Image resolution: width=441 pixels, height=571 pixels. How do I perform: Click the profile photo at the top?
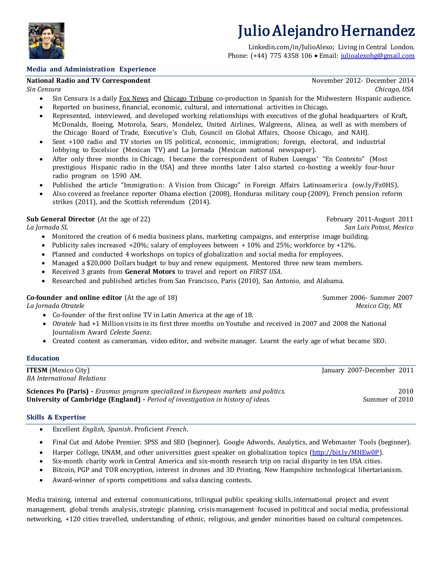point(47,41)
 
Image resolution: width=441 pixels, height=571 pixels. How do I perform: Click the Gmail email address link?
point(377,56)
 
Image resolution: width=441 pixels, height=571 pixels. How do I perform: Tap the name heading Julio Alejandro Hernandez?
point(326,31)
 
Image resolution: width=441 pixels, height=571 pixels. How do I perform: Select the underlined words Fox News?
point(134,98)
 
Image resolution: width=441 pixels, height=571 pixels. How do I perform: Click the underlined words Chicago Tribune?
point(188,98)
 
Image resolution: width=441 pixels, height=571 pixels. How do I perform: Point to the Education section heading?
point(43,358)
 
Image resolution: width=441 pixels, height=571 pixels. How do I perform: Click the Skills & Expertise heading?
point(56,417)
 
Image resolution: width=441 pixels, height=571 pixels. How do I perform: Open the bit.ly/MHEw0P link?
point(345,452)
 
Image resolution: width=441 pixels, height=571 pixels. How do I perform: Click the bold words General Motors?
point(150,272)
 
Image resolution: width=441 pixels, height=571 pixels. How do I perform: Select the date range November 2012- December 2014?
point(362,81)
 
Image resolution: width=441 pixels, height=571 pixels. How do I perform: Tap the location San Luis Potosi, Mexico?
point(379,227)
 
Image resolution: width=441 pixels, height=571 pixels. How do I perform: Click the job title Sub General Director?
point(61,219)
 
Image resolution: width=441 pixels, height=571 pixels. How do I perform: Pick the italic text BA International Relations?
point(66,378)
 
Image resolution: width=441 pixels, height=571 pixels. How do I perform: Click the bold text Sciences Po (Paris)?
point(57,391)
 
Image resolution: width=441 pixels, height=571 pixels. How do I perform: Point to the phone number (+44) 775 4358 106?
point(281,56)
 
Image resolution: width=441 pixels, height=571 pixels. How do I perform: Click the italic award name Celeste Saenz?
point(130,332)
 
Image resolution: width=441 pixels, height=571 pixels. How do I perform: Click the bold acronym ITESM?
point(37,370)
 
